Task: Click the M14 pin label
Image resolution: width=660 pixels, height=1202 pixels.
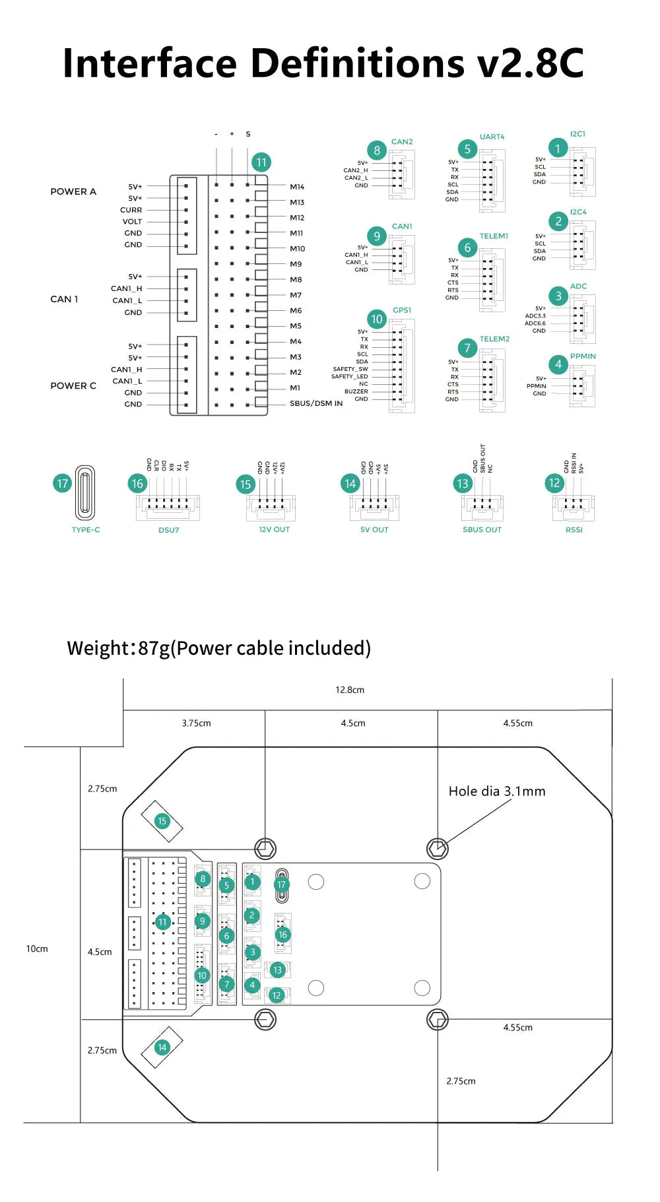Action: point(297,187)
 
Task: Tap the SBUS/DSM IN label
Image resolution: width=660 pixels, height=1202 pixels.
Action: point(316,403)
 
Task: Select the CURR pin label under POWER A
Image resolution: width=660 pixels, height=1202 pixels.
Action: point(131,210)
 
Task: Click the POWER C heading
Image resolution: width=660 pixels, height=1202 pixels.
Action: point(73,385)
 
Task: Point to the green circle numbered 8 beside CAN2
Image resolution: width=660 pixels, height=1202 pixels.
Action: point(377,150)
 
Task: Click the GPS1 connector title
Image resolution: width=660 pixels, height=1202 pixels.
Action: point(402,310)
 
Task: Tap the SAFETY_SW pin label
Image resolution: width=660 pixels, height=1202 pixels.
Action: point(350,369)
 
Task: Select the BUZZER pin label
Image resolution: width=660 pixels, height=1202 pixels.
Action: point(356,391)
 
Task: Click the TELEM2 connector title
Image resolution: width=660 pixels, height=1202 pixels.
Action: point(494,339)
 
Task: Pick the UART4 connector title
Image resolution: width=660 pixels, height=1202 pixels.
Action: point(492,137)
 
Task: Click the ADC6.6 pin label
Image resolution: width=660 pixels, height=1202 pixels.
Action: point(535,323)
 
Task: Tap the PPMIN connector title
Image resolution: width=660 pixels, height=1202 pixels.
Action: point(583,356)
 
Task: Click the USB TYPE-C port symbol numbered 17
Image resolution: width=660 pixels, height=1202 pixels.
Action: point(85,492)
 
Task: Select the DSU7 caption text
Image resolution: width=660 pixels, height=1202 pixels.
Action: point(169,530)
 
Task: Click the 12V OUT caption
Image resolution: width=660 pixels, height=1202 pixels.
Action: point(274,529)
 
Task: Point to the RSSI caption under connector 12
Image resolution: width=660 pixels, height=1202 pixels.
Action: point(574,529)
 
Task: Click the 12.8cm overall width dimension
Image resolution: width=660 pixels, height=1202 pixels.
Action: point(350,690)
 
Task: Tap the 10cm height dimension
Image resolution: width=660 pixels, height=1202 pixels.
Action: point(37,949)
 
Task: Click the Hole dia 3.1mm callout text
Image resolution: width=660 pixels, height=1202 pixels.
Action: point(497,791)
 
